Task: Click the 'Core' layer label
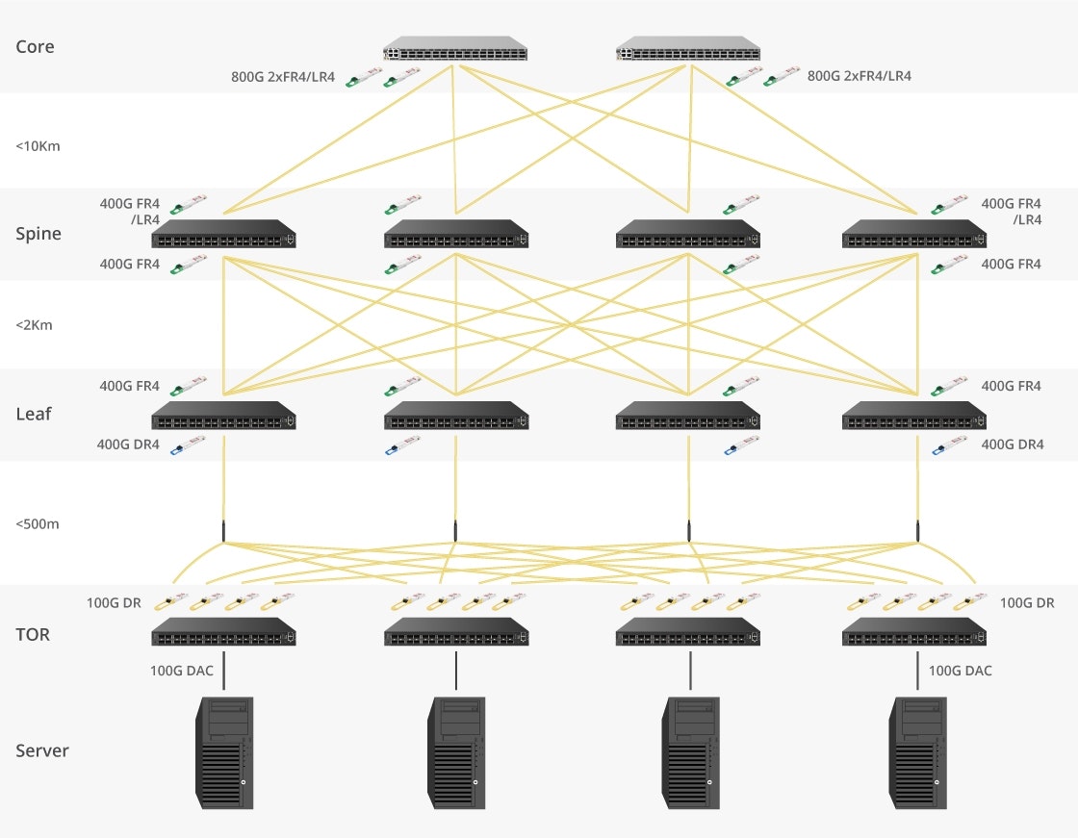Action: click(35, 47)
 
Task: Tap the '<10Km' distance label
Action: click(38, 147)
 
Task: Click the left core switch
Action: click(455, 49)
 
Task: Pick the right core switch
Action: click(687, 49)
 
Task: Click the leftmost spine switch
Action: click(223, 234)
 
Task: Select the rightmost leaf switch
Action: click(913, 416)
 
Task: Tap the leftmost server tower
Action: click(224, 752)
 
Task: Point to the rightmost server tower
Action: click(918, 752)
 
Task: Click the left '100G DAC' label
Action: click(182, 671)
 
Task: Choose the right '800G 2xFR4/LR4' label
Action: click(860, 76)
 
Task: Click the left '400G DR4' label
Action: click(129, 444)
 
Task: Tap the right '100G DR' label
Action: click(1027, 603)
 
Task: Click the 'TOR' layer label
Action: click(33, 635)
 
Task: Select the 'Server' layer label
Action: click(42, 750)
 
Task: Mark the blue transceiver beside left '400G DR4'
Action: click(188, 445)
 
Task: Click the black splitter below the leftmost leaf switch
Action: click(223, 531)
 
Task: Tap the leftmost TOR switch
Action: click(223, 632)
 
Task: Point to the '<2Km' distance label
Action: click(34, 325)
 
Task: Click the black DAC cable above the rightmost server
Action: click(918, 671)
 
